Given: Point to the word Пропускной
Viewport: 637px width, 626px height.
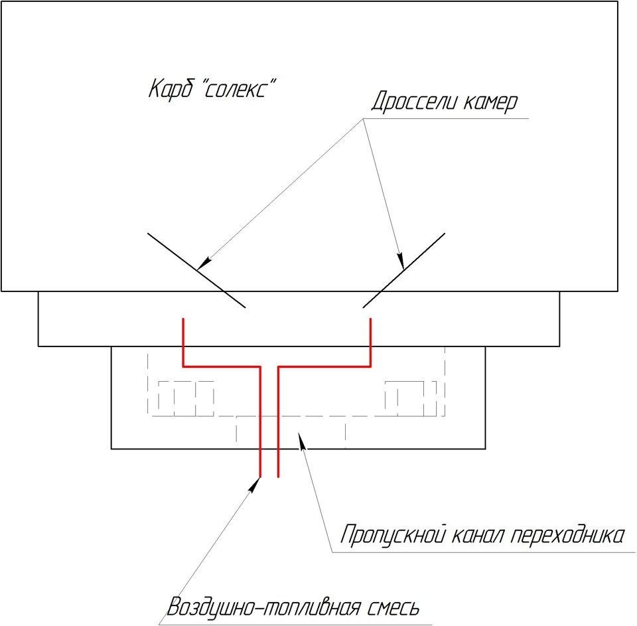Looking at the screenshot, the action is (393, 534).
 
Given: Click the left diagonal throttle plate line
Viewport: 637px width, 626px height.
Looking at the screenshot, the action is (196, 270).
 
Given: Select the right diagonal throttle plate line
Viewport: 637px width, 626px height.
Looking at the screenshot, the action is (404, 270).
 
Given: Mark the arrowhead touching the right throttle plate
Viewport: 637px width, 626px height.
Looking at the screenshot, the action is (401, 262).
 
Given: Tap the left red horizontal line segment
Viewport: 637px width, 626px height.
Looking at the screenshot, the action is (222, 366).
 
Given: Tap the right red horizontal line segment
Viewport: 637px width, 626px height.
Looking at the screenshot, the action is (324, 366).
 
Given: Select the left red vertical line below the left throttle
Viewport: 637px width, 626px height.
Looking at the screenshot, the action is (184, 343).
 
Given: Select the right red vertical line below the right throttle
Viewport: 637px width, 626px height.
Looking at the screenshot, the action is (370, 343).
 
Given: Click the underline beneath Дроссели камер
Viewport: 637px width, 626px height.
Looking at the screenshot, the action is (446, 119).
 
